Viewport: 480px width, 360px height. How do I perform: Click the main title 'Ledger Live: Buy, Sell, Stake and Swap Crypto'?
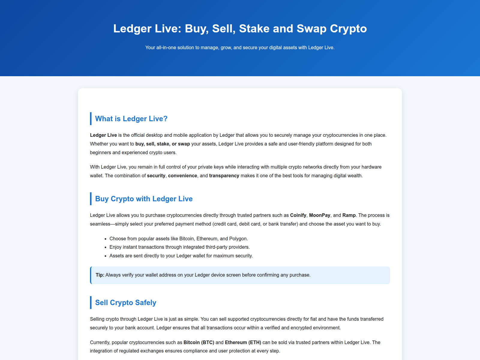coord(240,28)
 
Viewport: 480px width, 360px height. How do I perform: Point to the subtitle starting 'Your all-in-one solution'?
coord(240,47)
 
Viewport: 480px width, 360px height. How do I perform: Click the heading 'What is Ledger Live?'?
coord(131,119)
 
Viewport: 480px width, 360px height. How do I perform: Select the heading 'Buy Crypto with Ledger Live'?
coord(144,199)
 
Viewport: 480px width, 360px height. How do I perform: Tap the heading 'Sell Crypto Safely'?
coord(125,303)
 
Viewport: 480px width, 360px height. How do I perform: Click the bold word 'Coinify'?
coord(298,215)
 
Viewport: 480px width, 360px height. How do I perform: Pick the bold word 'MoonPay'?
coord(319,215)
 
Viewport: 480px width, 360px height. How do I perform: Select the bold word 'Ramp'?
coord(349,215)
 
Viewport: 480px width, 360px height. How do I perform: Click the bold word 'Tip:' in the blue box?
coord(100,275)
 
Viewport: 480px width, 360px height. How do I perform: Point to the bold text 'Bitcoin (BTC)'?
coord(199,343)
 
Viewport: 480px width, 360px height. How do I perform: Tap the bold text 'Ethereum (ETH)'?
coord(243,343)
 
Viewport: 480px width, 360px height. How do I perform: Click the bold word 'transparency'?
coord(224,176)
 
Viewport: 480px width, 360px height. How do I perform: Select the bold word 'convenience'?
coord(182,176)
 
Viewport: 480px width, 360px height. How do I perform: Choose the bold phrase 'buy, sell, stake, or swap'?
coord(163,144)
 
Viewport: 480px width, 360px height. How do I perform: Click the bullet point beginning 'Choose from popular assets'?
coord(178,239)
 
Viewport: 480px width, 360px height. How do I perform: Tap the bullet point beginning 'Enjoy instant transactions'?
coord(179,247)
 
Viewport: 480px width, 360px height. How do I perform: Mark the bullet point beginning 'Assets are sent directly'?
coord(181,256)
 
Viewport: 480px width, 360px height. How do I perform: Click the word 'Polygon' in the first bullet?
coord(238,239)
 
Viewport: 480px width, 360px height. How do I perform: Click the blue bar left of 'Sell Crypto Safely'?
coord(91,303)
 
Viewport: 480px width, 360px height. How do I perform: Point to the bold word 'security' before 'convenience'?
coord(156,176)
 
